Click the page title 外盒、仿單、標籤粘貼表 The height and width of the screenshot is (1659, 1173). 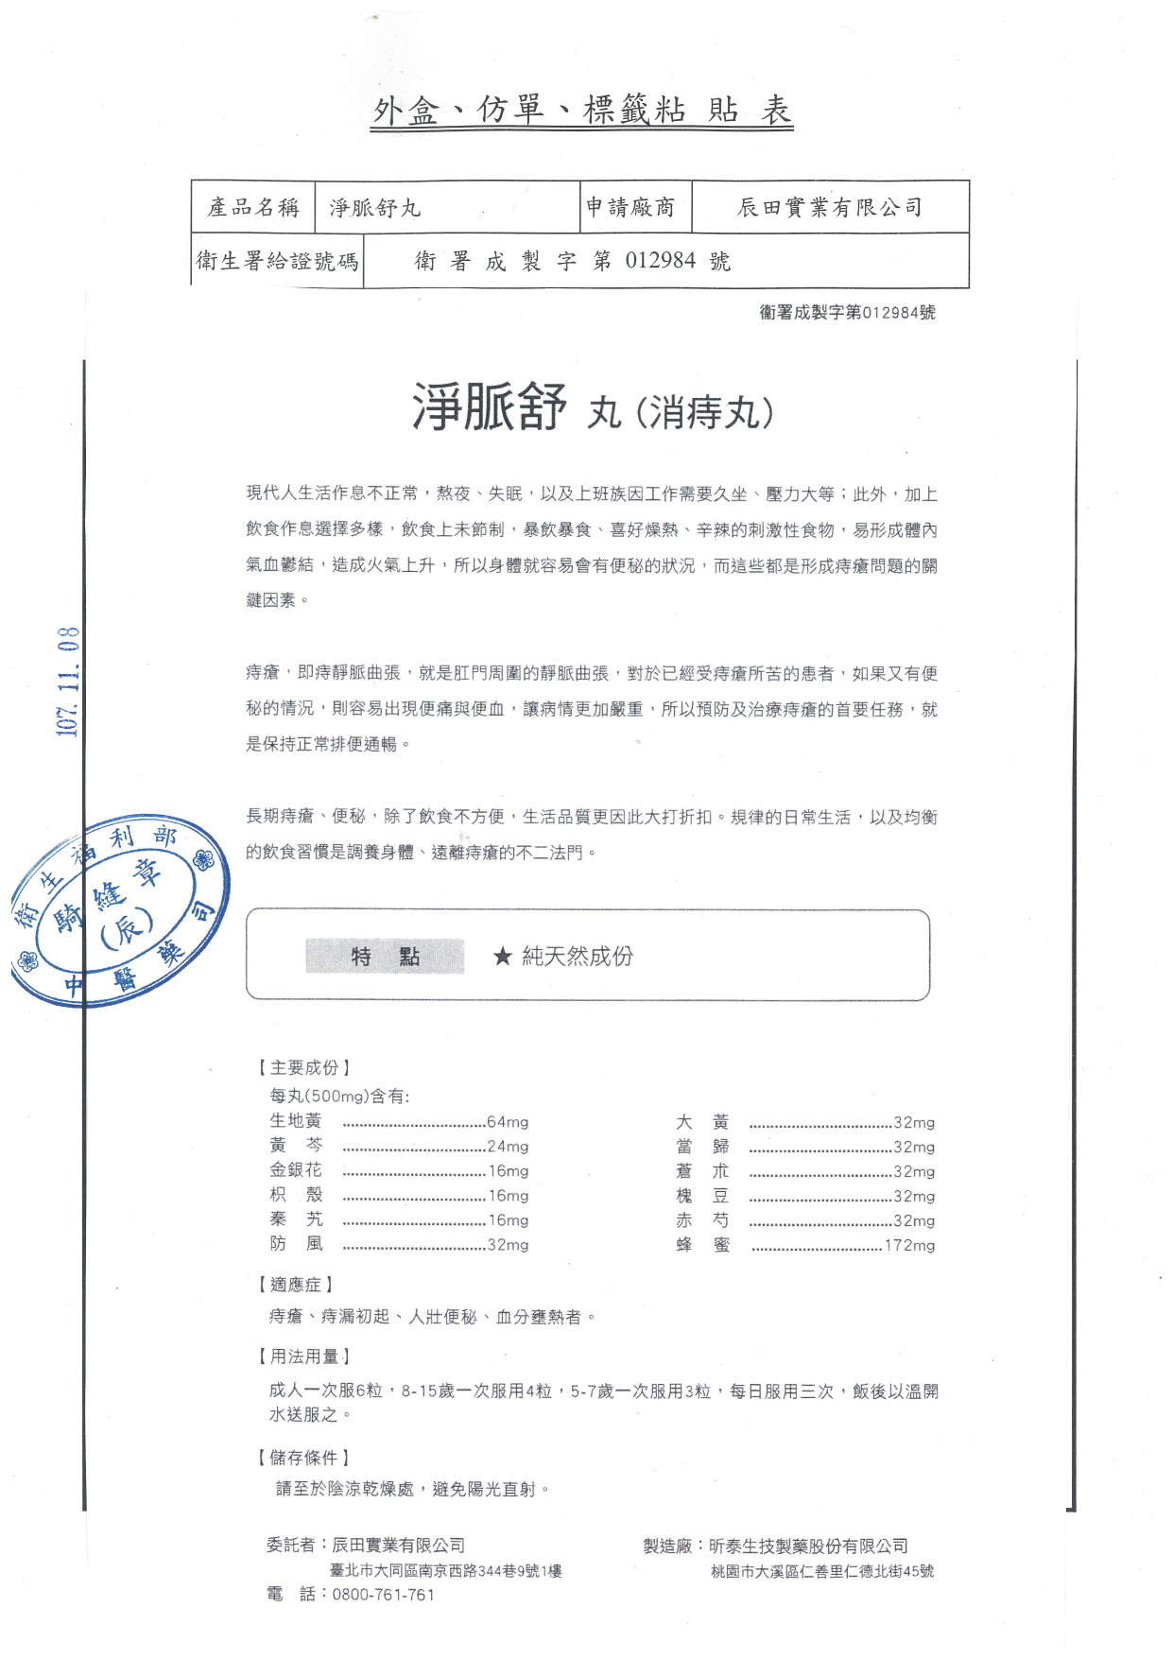pyautogui.click(x=582, y=111)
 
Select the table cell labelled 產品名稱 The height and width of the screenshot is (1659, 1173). pyautogui.click(x=253, y=207)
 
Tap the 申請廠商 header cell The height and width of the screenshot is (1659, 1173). pyautogui.click(x=630, y=207)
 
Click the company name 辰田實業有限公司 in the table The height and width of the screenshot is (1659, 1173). pyautogui.click(x=830, y=207)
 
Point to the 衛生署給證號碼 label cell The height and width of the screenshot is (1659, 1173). pyautogui.click(x=277, y=261)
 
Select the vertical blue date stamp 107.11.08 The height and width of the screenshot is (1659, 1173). pyautogui.click(x=68, y=682)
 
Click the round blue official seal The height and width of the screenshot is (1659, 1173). pyautogui.click(x=120, y=910)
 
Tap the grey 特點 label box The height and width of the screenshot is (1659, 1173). pyautogui.click(x=385, y=957)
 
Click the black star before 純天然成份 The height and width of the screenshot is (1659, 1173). pyautogui.click(x=502, y=957)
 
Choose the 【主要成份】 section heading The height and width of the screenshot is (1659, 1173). pyautogui.click(x=304, y=1068)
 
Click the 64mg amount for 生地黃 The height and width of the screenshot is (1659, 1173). pyautogui.click(x=508, y=1122)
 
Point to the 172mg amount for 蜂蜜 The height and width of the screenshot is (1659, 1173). pyautogui.click(x=909, y=1245)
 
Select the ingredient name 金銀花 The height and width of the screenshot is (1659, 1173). pyautogui.click(x=296, y=1170)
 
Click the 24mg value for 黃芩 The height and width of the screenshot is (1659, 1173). pyautogui.click(x=508, y=1147)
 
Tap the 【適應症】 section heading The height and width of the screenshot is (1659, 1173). pyautogui.click(x=296, y=1285)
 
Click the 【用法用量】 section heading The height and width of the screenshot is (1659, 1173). pyautogui.click(x=304, y=1357)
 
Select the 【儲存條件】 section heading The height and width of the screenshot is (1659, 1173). pyautogui.click(x=304, y=1458)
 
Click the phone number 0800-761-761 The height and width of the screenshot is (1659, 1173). pyautogui.click(x=384, y=1595)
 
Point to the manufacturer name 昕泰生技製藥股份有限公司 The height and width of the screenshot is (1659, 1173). pyautogui.click(x=808, y=1547)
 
